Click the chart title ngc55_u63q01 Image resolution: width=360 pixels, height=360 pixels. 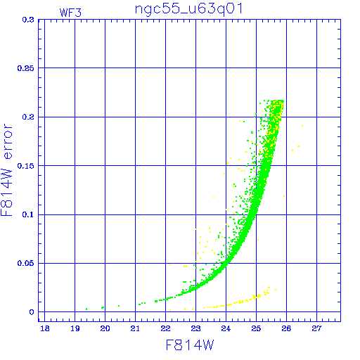coord(188,10)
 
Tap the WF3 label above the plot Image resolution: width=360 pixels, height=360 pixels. coord(70,13)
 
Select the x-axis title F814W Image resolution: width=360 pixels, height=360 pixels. coord(190,345)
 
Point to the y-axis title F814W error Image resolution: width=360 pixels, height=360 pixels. coord(6,170)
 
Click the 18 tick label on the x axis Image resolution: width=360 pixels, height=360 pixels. coord(45,328)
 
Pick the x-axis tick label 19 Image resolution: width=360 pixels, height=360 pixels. coord(75,328)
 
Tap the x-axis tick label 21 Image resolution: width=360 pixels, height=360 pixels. coord(135,328)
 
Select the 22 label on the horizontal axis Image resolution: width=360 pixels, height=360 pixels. coord(165,328)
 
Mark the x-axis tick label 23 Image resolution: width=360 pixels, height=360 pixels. coord(195,328)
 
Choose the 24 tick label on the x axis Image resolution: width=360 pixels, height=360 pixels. coord(226,328)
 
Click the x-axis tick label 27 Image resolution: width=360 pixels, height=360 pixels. coord(316,328)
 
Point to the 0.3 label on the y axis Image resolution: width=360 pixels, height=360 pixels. coord(28,20)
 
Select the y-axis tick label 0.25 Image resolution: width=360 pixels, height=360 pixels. coord(26,68)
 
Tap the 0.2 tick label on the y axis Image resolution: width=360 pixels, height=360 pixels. coord(28,117)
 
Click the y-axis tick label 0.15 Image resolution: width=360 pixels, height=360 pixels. coord(26,166)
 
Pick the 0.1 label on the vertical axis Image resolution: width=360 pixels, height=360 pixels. coord(28,214)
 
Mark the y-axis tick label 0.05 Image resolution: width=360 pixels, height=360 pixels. coord(26,263)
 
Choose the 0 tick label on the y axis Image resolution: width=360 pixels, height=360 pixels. coord(32,312)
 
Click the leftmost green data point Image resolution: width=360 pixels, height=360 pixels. coord(86,309)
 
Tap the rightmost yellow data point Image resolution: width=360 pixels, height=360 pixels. coord(302,126)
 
